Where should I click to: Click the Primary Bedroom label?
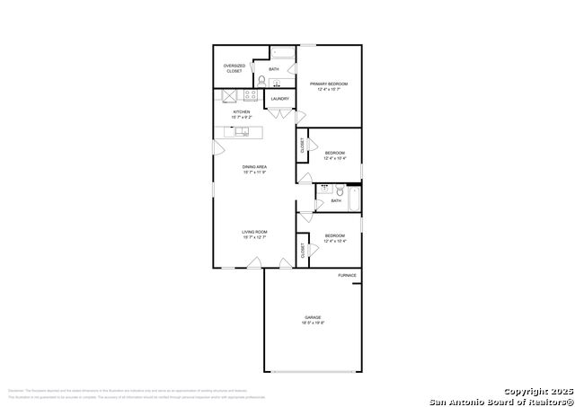[329, 84]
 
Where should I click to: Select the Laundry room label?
[279, 99]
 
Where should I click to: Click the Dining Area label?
[254, 167]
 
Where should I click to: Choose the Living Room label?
[254, 232]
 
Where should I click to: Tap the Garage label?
[312, 317]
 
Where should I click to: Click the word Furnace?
[347, 275]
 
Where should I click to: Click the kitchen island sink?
[242, 132]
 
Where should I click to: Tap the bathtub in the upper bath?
[283, 52]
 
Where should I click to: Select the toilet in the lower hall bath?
[340, 190]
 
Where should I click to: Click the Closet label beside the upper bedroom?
[302, 145]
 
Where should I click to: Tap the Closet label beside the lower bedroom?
[303, 251]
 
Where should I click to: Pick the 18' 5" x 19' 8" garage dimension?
[312, 323]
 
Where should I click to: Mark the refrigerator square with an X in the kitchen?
[228, 95]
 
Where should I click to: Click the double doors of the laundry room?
[279, 113]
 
